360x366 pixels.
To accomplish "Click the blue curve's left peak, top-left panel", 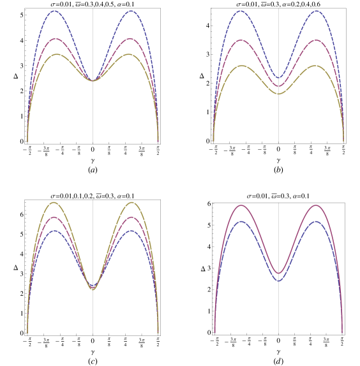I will coord(55,11).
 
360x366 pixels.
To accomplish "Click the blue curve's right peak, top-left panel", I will coord(131,11).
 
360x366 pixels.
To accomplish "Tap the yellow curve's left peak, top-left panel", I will coord(57,54).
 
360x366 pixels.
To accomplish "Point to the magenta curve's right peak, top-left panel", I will coord(130,39).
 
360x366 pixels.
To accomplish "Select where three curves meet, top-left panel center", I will coord(93,80).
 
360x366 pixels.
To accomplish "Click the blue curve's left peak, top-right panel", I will coord(241,11).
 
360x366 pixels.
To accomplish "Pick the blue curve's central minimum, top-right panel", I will coord(278,78).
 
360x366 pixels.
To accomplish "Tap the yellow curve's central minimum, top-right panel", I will coord(278,94).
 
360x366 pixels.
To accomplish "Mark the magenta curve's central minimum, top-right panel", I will coord(278,85).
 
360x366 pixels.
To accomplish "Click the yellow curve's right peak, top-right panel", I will coord(315,66).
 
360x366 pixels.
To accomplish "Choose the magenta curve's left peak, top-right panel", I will coord(241,40).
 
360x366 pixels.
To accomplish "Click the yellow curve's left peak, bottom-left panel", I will coord(54,203).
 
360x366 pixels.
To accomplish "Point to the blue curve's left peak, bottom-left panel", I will coord(56,230).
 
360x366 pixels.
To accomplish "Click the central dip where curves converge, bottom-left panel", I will coord(93,288).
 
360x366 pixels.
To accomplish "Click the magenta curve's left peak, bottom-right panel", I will coord(241,205).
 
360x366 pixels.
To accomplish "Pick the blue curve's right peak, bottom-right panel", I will coord(316,221).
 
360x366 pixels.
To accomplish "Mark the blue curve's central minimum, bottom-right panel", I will coord(278,281).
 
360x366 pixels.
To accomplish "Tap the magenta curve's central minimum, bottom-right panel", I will coord(278,273).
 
